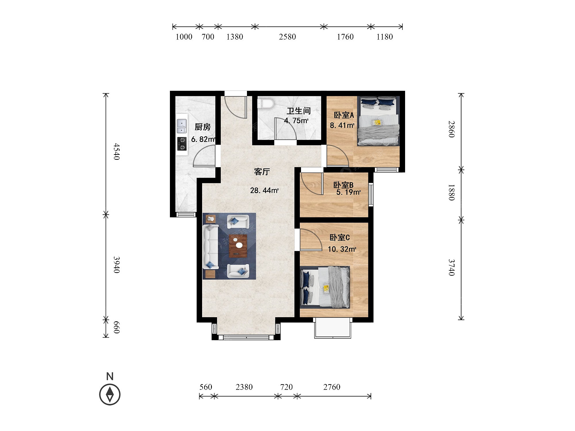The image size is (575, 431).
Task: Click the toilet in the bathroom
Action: point(266,103)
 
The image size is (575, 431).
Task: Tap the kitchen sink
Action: point(182,126)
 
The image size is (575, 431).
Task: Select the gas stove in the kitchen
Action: point(182,144)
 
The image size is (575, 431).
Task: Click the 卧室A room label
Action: point(344,115)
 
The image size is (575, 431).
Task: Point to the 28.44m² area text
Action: point(264,190)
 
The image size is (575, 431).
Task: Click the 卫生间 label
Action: point(299,111)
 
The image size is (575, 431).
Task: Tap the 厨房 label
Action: point(203,127)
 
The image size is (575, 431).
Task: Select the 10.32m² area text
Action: point(342,249)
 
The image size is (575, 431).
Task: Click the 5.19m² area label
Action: point(348,192)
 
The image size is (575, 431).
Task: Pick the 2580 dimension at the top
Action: point(287,37)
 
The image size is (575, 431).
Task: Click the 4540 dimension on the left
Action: point(116,151)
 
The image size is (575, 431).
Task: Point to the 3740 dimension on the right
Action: point(452,268)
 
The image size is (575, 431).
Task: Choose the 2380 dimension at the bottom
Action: point(244,387)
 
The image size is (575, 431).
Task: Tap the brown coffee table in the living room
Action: point(238,246)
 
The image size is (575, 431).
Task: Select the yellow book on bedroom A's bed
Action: point(377,123)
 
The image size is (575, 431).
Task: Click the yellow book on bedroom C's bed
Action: point(326,288)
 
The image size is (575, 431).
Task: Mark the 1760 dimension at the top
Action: point(345,37)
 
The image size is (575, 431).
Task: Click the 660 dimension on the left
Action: point(116,328)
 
